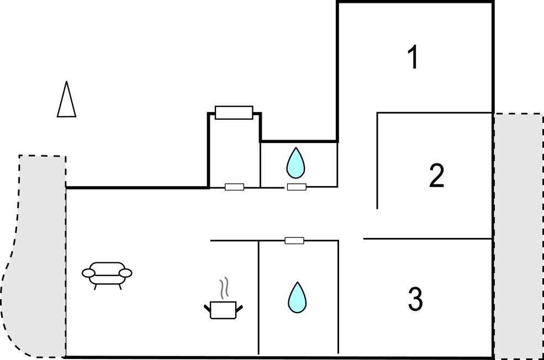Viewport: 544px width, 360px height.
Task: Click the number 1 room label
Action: point(413,57)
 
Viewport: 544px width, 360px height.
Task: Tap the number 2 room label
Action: point(436,176)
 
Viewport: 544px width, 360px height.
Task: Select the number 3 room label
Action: point(415,299)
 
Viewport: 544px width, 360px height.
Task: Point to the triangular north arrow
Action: point(66,99)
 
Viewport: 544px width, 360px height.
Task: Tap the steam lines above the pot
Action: point(225,287)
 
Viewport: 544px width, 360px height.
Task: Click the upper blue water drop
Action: point(295,163)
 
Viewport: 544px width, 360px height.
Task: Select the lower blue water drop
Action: point(297,298)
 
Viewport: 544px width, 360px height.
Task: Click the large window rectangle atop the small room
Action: point(234,113)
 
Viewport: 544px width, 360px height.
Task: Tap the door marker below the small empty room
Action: point(235,187)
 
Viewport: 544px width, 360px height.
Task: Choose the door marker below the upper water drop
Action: point(297,187)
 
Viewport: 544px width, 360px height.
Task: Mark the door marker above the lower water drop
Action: point(294,240)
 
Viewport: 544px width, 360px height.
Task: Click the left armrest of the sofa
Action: point(88,273)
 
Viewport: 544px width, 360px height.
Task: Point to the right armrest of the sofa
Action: point(125,273)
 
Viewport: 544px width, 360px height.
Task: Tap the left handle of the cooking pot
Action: point(208,308)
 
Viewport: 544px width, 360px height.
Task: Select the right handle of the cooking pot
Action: point(239,308)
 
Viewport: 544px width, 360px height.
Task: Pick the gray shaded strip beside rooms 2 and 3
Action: point(519,236)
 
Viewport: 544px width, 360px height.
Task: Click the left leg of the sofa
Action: point(95,287)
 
